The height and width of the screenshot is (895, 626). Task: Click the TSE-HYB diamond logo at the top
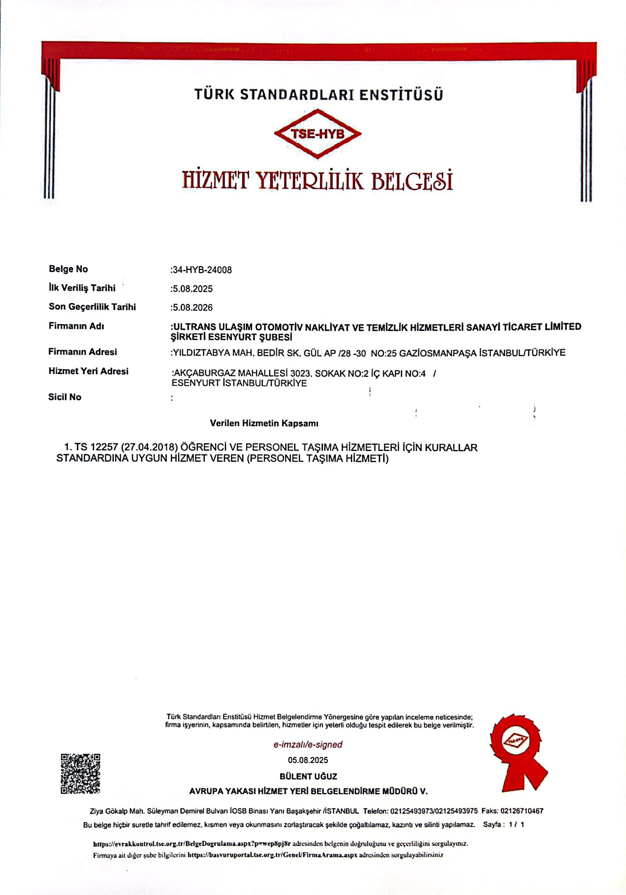pos(317,134)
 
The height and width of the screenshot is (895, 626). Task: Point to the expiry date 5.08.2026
pos(193,308)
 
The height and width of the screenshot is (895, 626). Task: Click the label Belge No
pos(68,269)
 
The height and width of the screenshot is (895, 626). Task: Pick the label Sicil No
pos(65,397)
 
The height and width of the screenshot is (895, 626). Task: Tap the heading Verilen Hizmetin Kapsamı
pos(264,423)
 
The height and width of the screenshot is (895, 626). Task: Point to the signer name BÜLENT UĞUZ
pos(308,776)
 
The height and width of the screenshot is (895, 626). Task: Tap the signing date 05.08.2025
pos(308,760)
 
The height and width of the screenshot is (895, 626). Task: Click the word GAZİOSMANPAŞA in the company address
pos(432,353)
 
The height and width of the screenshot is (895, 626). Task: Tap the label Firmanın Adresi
pos(82,352)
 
